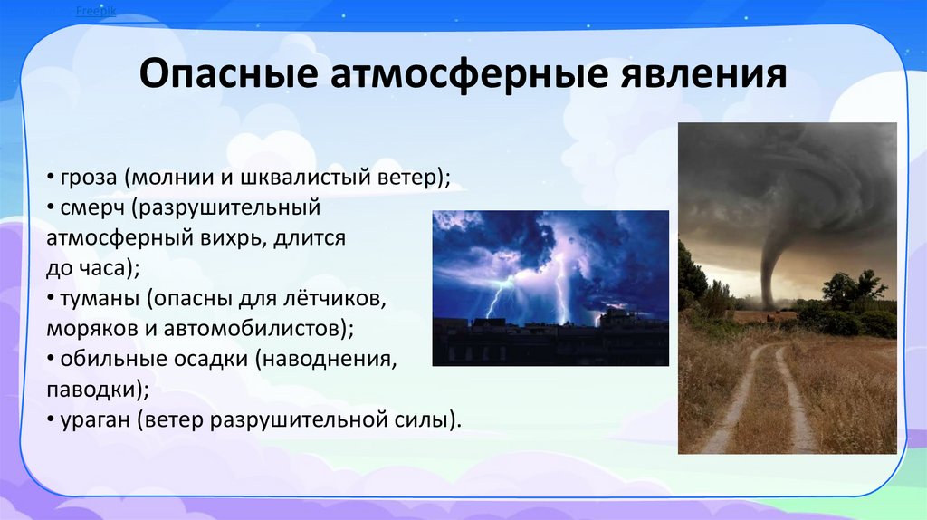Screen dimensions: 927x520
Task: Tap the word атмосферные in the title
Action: tap(468, 74)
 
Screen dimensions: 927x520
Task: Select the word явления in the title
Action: tap(703, 74)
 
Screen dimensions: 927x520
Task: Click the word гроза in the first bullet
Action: tap(89, 178)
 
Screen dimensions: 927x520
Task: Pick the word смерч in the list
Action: tap(92, 208)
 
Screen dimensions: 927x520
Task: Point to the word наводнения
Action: tap(326, 359)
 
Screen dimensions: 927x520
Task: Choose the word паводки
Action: tap(93, 390)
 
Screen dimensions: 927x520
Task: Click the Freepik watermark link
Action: tap(96, 11)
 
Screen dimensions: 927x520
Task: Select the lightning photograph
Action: tap(550, 288)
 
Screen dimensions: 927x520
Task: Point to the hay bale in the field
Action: tap(770, 318)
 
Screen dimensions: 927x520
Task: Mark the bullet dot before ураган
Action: tap(51, 420)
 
